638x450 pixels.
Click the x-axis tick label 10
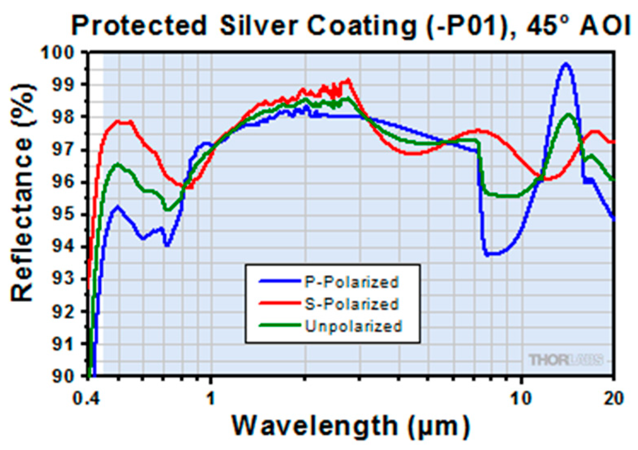point(521,399)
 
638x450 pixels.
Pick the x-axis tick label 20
point(613,399)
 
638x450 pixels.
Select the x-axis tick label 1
point(210,399)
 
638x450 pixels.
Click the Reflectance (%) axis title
point(22,192)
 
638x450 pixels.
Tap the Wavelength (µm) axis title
point(351,426)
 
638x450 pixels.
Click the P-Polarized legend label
point(351,282)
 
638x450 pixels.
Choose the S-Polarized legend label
point(351,304)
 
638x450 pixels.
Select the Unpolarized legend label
point(353,326)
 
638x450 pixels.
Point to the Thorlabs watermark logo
point(566,360)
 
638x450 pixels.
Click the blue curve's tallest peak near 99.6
point(566,64)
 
